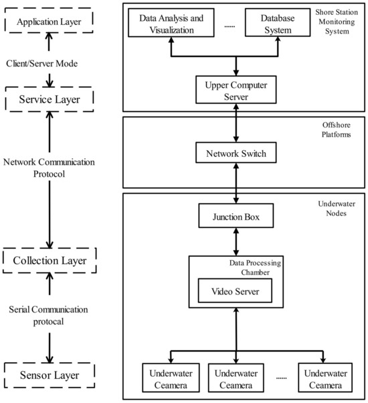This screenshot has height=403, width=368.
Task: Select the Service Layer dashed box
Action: pyautogui.click(x=48, y=100)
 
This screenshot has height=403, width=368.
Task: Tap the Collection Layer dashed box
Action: pyautogui.click(x=48, y=258)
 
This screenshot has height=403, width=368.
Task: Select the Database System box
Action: pyautogui.click(x=270, y=25)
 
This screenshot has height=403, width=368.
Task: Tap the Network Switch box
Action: pyautogui.click(x=236, y=154)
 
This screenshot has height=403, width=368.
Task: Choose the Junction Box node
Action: pyautogui.click(x=236, y=217)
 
